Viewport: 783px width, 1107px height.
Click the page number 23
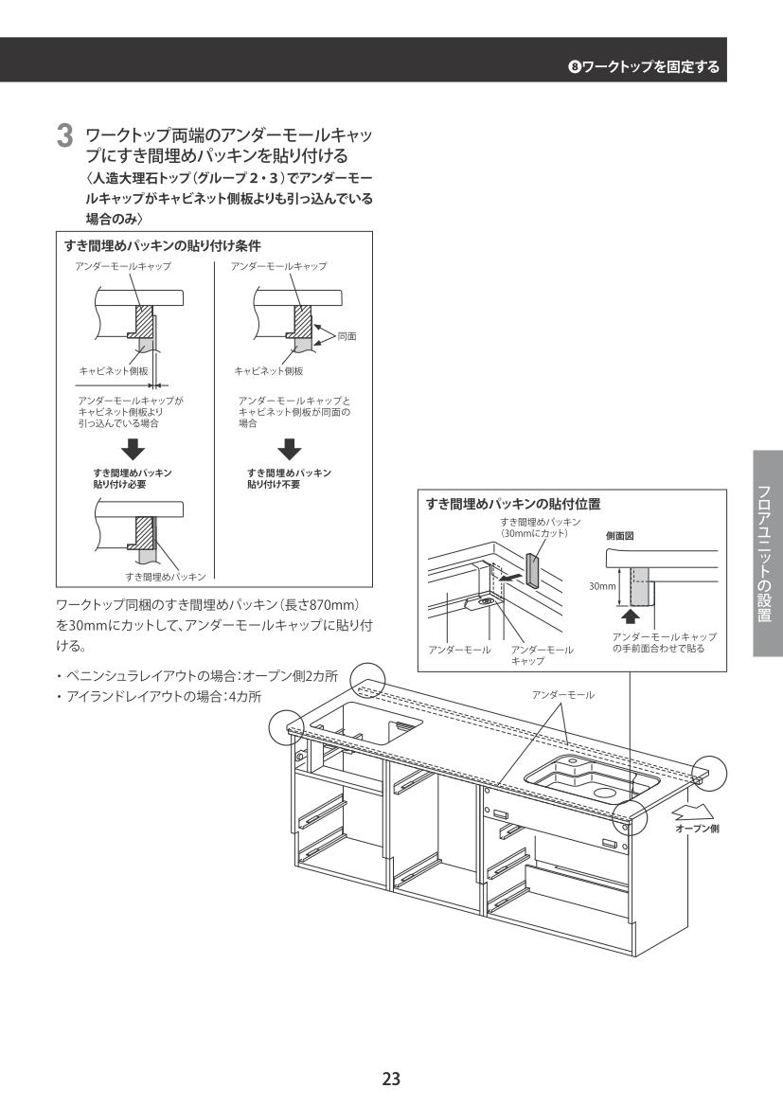click(x=391, y=1078)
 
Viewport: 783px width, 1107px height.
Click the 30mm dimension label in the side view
click(x=599, y=586)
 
